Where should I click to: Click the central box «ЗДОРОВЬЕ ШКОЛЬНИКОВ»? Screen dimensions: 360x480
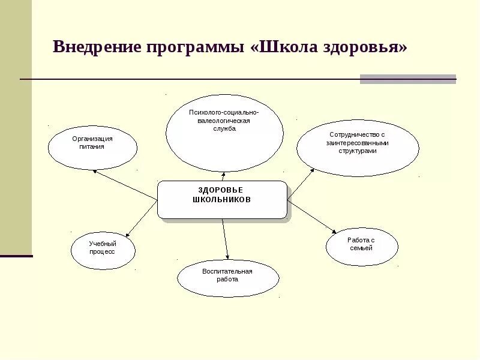pos(222,200)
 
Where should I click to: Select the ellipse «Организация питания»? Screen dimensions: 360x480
pos(92,148)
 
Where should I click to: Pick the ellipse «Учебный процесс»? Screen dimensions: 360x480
pos(103,250)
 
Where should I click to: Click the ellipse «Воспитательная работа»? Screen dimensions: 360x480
pos(228,278)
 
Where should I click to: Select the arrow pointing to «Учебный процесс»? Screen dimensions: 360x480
pos(141,220)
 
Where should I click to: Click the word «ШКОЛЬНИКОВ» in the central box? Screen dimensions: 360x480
pos(222,199)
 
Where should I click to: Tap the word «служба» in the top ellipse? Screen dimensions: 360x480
pos(224,128)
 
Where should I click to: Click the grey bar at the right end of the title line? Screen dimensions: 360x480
pos(408,79)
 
